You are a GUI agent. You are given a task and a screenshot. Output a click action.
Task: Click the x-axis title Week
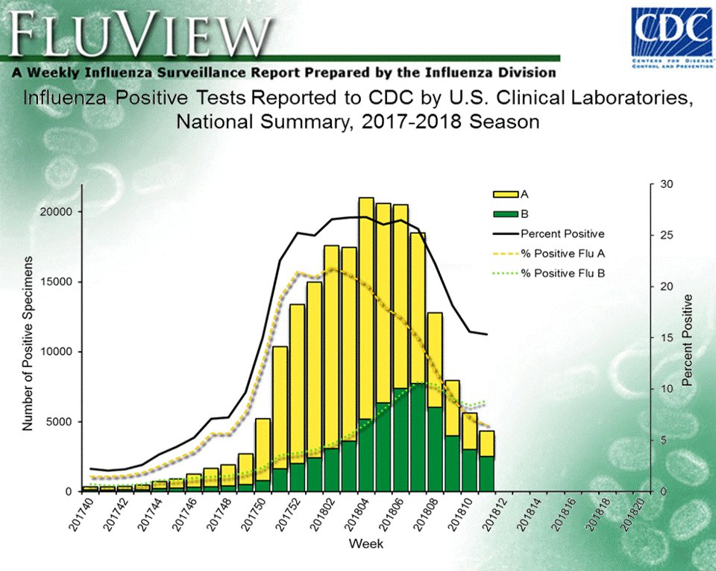click(x=366, y=544)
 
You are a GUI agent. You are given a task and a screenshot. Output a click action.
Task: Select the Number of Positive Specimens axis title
click(x=28, y=343)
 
